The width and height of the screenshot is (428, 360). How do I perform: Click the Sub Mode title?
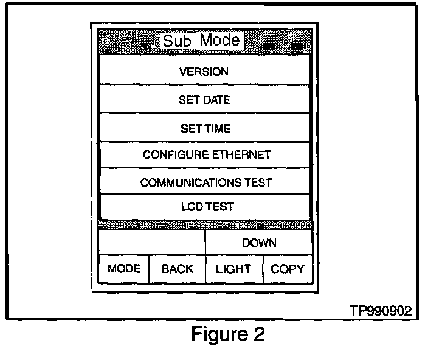pyautogui.click(x=201, y=41)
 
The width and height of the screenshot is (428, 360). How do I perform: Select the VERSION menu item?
pyautogui.click(x=204, y=72)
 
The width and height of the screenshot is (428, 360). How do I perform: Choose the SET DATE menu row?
pyautogui.click(x=204, y=100)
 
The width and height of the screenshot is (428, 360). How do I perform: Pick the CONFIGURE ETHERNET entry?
pyautogui.click(x=206, y=155)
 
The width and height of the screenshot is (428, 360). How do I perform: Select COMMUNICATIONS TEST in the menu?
pyautogui.click(x=205, y=182)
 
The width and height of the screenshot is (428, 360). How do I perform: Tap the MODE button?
pyautogui.click(x=123, y=269)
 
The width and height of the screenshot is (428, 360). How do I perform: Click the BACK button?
pyautogui.click(x=177, y=269)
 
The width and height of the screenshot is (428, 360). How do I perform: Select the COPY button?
pyautogui.click(x=288, y=269)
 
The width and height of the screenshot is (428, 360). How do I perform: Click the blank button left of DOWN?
pyautogui.click(x=151, y=243)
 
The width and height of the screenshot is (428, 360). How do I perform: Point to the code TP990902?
pyautogui.click(x=381, y=310)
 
